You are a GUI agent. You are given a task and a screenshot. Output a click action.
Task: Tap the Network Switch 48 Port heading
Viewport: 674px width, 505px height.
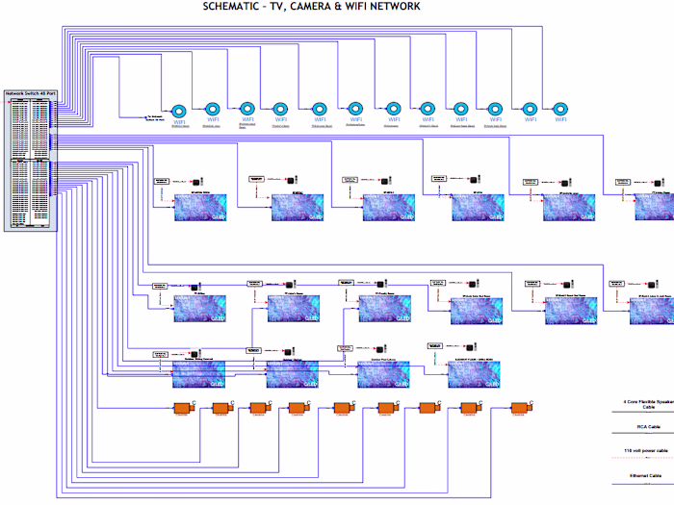tap(31, 93)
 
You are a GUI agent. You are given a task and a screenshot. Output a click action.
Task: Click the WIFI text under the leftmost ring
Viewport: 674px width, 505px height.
tap(180, 121)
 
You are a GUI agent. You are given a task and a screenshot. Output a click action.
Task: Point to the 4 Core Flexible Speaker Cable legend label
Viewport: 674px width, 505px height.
tap(646, 403)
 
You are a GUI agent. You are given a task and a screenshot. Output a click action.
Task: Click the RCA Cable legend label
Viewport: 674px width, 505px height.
tap(647, 426)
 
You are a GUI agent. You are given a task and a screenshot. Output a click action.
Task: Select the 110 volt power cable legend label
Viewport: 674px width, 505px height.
tap(646, 450)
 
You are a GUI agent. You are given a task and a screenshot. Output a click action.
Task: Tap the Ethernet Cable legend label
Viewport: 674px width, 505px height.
tap(647, 474)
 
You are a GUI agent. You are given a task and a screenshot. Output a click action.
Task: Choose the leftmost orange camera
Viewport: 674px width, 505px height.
tap(186, 410)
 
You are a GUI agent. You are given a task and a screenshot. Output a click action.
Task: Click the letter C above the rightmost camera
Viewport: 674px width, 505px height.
tap(533, 401)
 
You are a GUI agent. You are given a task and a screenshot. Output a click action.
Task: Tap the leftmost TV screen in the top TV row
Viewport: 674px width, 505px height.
tap(198, 208)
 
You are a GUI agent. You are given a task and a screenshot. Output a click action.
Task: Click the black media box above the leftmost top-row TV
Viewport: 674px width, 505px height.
tap(195, 181)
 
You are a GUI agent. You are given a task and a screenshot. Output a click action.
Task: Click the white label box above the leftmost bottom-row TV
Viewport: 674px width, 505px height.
tap(162, 354)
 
